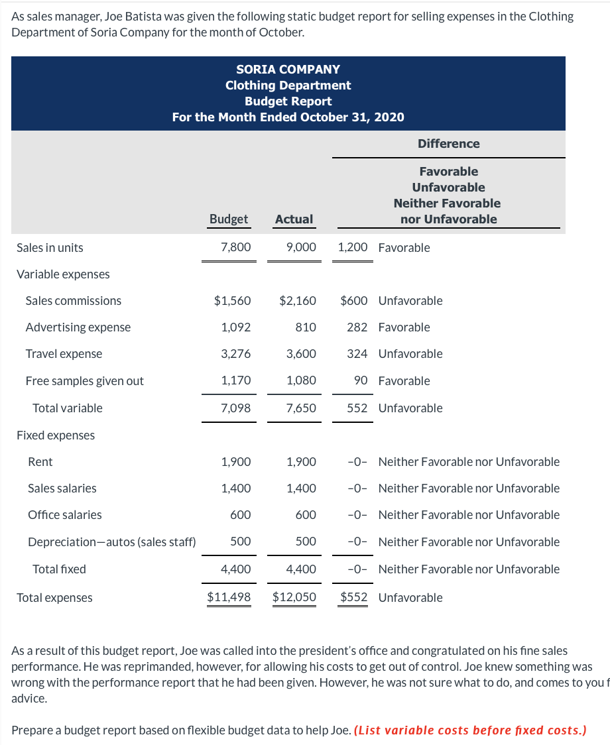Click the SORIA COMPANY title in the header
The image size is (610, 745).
tap(288, 69)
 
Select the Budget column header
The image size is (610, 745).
tap(229, 219)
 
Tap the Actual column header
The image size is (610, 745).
tap(294, 219)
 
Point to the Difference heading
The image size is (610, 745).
tap(448, 143)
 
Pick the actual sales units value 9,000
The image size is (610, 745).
tap(301, 247)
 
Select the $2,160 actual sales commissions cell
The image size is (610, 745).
tap(298, 300)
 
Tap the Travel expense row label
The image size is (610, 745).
tap(64, 353)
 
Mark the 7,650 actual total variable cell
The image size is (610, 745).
tap(301, 408)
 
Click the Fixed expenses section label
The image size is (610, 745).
tap(56, 435)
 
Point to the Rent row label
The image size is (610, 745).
tap(40, 461)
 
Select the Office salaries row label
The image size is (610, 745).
tap(65, 514)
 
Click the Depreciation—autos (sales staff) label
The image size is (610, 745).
tap(111, 542)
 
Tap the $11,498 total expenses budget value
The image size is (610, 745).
tap(229, 597)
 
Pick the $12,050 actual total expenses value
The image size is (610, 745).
tap(294, 597)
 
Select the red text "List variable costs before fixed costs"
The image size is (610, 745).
tap(471, 730)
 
